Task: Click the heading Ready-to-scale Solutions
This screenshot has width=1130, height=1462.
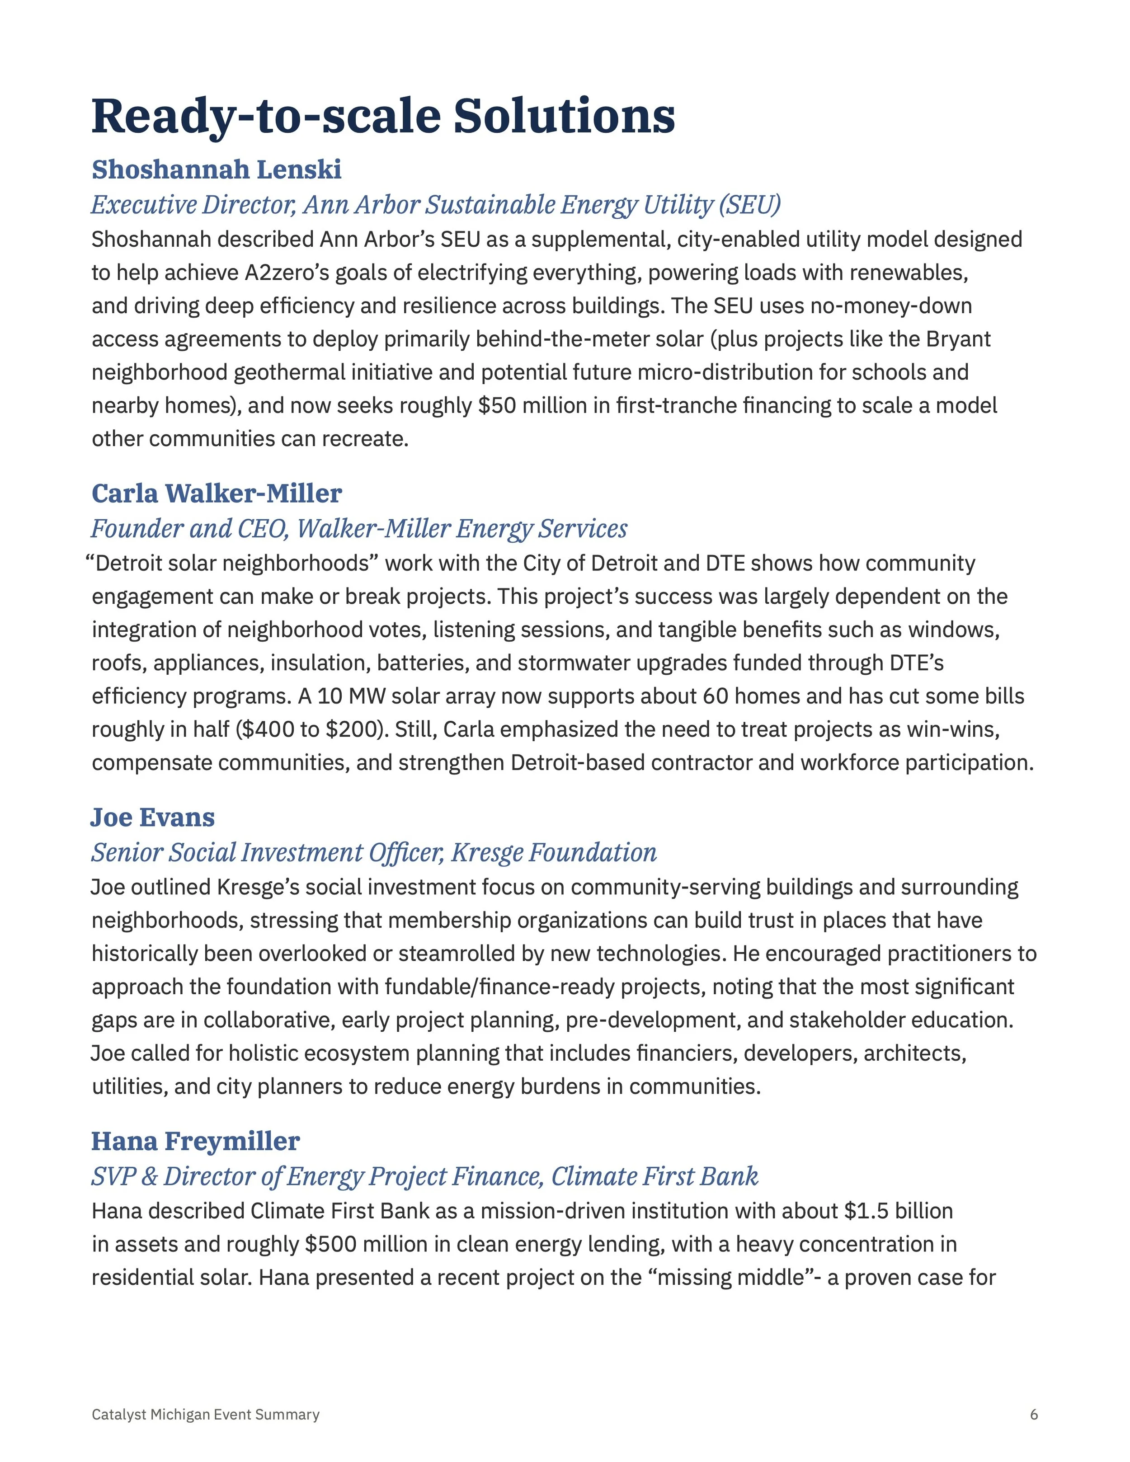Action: (x=382, y=116)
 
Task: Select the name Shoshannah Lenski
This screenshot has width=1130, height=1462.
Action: (x=216, y=169)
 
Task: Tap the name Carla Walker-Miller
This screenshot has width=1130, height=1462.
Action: (x=216, y=494)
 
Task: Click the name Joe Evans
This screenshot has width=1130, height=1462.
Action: (x=153, y=818)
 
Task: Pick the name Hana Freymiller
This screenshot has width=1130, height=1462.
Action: (x=195, y=1141)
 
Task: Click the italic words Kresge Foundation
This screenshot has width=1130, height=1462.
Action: (x=554, y=853)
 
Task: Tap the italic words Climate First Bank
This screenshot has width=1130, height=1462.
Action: (x=654, y=1176)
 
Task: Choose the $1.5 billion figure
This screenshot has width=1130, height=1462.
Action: (x=899, y=1211)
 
